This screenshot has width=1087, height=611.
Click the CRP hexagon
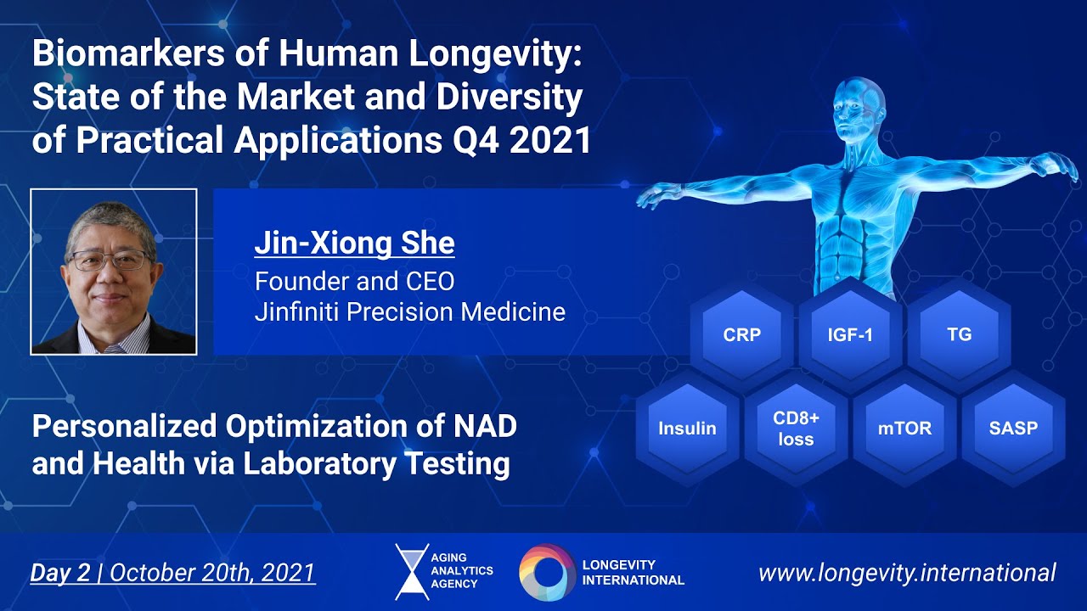click(741, 334)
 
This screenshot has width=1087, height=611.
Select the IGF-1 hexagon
click(850, 334)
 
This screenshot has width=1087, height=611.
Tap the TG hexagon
click(959, 334)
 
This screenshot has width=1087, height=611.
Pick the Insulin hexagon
click(687, 428)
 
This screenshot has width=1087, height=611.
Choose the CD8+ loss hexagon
click(795, 428)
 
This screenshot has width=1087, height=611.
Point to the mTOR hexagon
click(904, 428)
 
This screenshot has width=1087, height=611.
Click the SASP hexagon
click(1013, 428)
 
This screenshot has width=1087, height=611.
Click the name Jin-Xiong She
click(354, 244)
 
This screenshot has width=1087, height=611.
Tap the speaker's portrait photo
click(114, 272)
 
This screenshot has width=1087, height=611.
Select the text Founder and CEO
click(354, 280)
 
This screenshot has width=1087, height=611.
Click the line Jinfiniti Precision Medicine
click(409, 311)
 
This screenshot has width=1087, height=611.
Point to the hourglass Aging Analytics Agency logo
click(412, 572)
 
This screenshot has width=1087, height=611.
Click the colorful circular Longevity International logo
click(547, 572)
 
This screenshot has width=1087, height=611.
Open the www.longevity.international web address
click(906, 572)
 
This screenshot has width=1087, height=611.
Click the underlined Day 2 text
click(59, 573)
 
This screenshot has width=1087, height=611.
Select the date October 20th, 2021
click(212, 573)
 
